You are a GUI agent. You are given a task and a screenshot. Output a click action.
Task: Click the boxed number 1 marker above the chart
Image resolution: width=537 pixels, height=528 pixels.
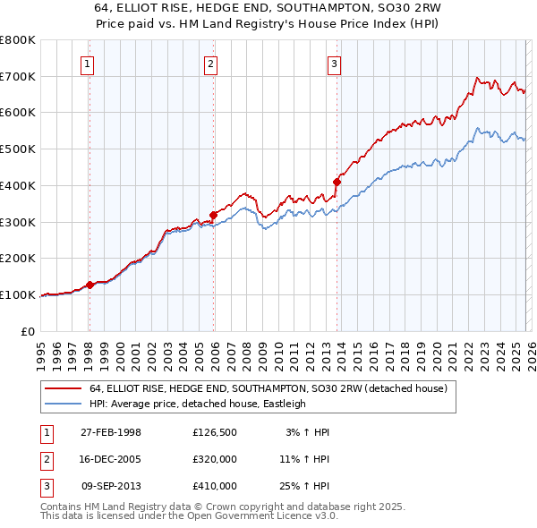(x=88, y=64)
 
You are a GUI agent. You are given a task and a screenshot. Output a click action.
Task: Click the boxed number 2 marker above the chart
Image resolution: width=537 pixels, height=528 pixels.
(x=210, y=64)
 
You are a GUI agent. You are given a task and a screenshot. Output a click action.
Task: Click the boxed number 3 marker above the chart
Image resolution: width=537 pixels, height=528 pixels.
(x=333, y=64)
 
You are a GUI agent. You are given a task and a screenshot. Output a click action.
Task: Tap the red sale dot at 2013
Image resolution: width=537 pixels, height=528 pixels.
(x=337, y=182)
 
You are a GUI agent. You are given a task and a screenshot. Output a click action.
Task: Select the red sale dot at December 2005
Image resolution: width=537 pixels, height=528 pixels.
(x=214, y=214)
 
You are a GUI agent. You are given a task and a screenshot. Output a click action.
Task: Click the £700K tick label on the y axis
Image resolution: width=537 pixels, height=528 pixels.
(x=18, y=76)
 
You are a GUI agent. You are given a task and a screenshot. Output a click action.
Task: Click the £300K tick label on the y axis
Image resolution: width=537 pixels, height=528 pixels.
(x=18, y=221)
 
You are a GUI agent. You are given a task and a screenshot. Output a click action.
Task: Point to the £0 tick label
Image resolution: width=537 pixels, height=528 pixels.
(x=27, y=330)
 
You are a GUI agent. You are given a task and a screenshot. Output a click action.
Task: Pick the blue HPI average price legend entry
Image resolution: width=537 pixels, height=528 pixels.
(x=197, y=404)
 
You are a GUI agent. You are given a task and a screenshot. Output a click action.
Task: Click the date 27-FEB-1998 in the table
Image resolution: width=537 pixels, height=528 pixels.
(x=111, y=432)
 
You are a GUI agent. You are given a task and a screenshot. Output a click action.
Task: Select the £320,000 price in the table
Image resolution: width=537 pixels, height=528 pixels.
(x=215, y=459)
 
